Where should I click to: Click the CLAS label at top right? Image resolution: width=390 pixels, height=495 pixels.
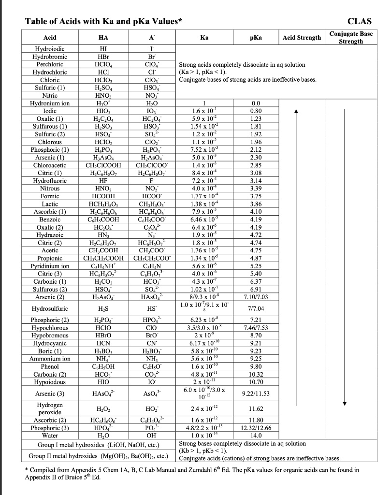(x=360, y=21)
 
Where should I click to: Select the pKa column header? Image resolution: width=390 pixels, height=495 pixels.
(x=255, y=38)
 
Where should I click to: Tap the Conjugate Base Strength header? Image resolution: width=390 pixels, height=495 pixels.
(x=351, y=38)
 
